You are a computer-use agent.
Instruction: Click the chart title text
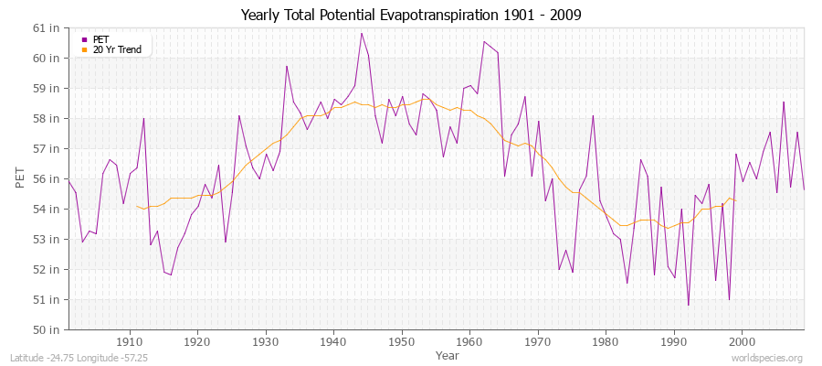411,15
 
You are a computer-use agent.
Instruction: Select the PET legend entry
100,39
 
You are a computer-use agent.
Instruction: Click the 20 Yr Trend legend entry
116,49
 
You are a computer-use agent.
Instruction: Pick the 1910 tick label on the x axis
130,341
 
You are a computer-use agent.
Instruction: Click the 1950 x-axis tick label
401,341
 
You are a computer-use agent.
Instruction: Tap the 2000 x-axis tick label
741,341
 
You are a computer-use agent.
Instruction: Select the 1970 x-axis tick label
537,341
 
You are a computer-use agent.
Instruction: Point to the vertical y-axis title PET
20,178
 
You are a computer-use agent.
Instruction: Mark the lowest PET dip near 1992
688,305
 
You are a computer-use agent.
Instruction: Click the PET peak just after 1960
484,42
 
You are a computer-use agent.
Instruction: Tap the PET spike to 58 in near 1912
143,119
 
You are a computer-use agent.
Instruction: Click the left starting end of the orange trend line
136,206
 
